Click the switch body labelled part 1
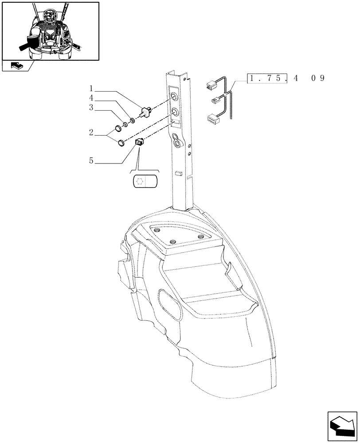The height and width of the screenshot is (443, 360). point(145,110)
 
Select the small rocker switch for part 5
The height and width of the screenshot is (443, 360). point(140,142)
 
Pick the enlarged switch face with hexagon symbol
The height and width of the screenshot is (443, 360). point(145,181)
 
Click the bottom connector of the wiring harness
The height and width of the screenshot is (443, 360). point(212,118)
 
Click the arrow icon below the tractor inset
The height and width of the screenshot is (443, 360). point(16,66)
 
